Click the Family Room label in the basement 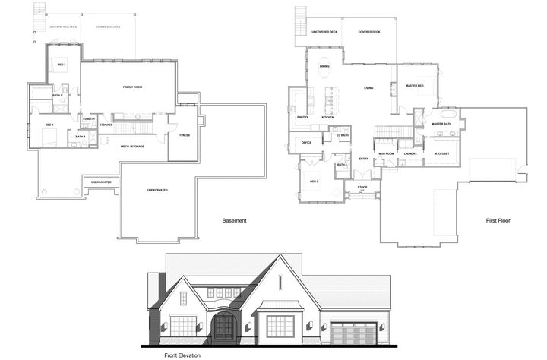click(x=133, y=87)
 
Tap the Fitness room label click(x=184, y=135)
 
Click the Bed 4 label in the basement click(x=49, y=125)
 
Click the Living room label click(x=368, y=88)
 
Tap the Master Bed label click(x=414, y=86)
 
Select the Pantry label click(x=302, y=118)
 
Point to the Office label click(x=307, y=142)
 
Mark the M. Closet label click(x=440, y=153)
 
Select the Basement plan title click(x=234, y=221)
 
